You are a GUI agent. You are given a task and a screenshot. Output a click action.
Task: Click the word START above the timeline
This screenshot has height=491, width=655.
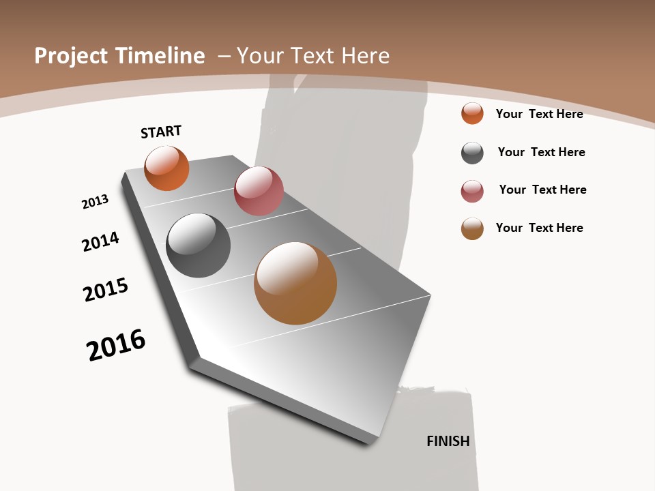(161, 132)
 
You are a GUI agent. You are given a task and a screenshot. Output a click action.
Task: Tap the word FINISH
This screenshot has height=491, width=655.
(448, 441)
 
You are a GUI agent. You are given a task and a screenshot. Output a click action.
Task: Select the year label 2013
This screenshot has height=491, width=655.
(96, 202)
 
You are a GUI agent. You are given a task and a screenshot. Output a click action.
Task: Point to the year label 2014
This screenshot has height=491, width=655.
(101, 241)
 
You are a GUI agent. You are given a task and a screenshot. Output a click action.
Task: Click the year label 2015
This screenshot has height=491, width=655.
(106, 290)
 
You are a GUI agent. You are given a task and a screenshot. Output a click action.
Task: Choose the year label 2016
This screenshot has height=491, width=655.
(117, 345)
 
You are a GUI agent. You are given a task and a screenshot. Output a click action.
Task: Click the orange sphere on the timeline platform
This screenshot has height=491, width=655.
(166, 168)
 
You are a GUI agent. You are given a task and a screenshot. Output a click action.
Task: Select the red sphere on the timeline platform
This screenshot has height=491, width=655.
(259, 191)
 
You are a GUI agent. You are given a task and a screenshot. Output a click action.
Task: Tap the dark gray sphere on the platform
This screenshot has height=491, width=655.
(198, 245)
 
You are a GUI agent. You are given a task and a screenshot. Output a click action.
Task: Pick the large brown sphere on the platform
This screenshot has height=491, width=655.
(295, 283)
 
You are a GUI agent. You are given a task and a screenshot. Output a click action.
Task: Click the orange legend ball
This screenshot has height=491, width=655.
(472, 113)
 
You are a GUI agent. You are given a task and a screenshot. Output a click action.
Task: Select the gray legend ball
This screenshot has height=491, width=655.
(472, 153)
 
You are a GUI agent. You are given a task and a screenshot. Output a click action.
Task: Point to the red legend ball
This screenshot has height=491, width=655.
(472, 191)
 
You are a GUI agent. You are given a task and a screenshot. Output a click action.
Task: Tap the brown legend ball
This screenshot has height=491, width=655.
(472, 228)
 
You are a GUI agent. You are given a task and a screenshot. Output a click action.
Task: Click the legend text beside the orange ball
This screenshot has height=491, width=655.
(539, 114)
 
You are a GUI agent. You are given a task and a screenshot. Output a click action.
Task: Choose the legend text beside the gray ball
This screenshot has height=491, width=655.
(541, 152)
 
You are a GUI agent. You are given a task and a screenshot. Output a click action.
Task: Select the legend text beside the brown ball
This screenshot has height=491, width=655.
(539, 228)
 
